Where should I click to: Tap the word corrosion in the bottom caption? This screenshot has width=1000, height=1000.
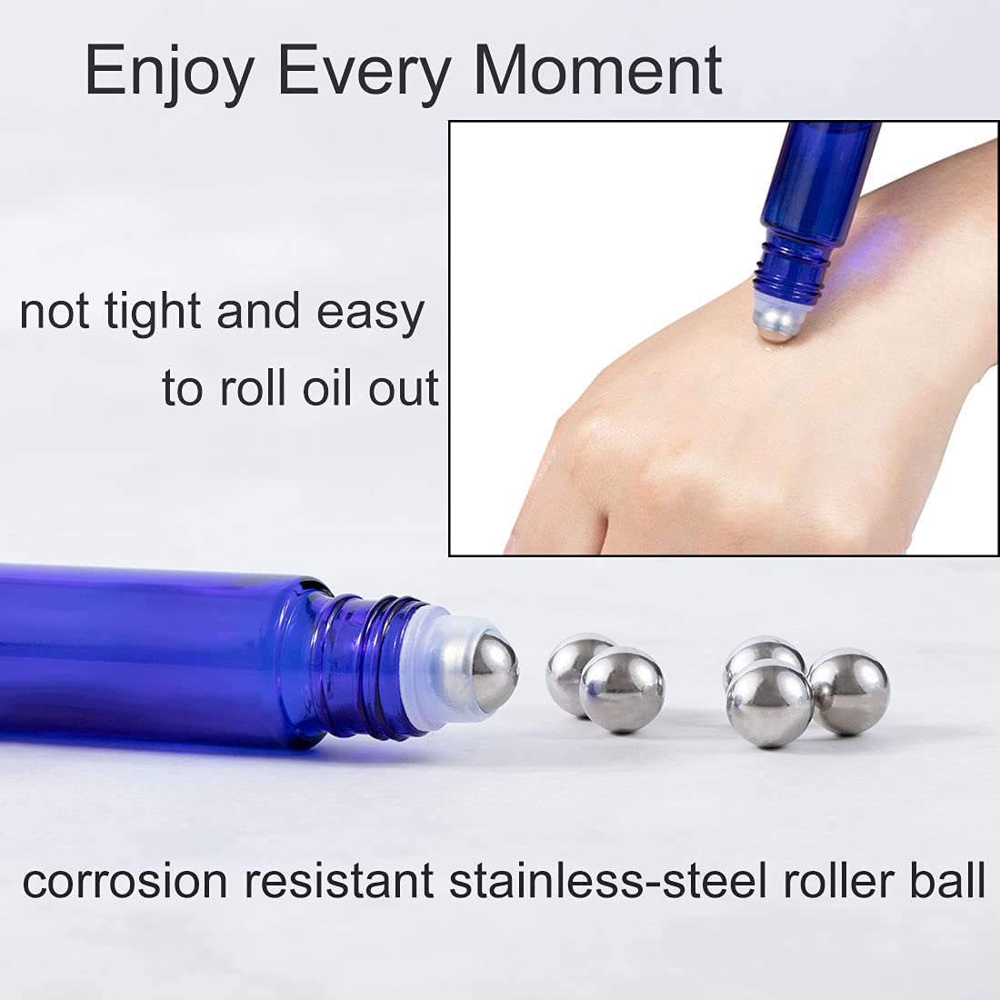(x=125, y=881)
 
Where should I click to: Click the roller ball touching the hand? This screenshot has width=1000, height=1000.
(x=777, y=323)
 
